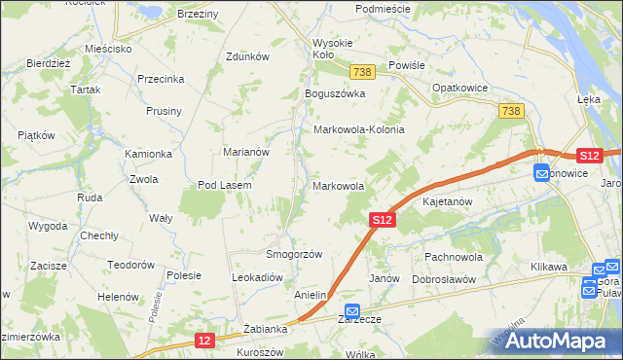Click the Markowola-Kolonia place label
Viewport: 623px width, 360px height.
(358, 129)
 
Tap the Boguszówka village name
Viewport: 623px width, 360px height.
(334, 93)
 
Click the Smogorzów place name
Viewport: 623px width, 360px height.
(294, 254)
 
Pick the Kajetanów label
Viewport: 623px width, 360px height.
(447, 202)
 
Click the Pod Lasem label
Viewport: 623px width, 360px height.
(225, 185)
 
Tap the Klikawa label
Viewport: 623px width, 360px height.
(548, 266)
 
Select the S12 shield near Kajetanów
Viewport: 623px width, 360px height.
(383, 222)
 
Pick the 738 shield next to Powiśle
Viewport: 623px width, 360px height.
(362, 73)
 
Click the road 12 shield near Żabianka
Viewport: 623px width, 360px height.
(203, 341)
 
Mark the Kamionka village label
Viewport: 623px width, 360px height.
(148, 155)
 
